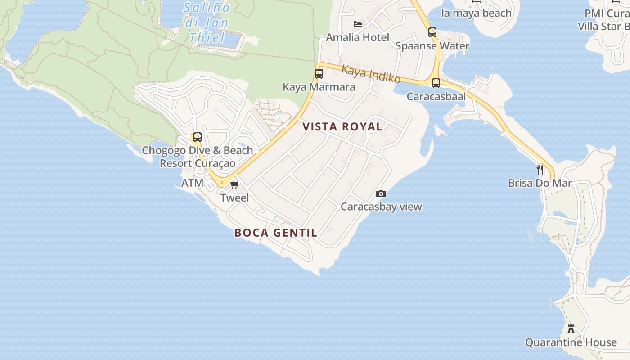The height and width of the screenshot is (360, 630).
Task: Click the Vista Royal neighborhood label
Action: [x=342, y=127]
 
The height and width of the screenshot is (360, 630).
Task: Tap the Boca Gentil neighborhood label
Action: [x=276, y=233]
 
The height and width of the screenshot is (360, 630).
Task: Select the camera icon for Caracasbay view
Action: [x=381, y=194]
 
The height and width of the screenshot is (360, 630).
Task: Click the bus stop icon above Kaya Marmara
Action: [x=319, y=74]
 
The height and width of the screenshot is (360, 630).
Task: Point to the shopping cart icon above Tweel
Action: [x=234, y=184]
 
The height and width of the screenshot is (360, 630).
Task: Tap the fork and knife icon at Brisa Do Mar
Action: [x=540, y=170]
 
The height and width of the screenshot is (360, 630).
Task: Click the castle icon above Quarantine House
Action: [x=571, y=328]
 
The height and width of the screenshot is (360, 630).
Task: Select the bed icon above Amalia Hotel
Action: [x=358, y=24]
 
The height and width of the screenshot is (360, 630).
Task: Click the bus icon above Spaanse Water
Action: [x=432, y=32]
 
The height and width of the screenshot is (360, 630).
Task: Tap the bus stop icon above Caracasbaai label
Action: [x=436, y=83]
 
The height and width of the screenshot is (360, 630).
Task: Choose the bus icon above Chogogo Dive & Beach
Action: [x=197, y=137]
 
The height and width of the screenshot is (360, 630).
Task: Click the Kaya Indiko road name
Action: [x=371, y=74]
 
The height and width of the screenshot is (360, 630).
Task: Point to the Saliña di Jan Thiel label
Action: [x=207, y=22]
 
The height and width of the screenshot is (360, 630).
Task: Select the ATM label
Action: [x=192, y=183]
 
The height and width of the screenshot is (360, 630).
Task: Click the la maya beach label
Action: [x=477, y=13]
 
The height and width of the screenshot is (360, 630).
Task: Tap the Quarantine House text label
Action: [x=571, y=342]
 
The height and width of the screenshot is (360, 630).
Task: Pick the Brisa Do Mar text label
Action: [x=540, y=183]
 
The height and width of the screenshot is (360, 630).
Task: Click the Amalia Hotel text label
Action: [x=357, y=37]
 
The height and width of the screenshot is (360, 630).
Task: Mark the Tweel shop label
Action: [x=234, y=198]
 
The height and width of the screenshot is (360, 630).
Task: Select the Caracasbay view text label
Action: [x=381, y=207]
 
